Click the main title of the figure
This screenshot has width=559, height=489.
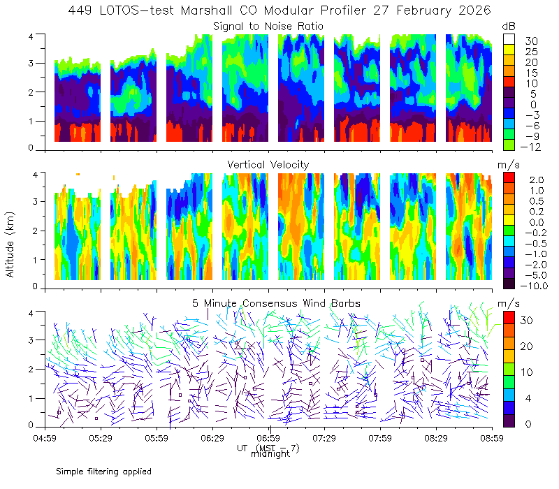(x=279, y=10)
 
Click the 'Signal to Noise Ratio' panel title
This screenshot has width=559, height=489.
(x=268, y=27)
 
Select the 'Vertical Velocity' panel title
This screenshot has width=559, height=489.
(x=268, y=165)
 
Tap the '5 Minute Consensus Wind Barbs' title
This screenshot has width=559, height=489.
(x=276, y=303)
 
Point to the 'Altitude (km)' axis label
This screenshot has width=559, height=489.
(x=10, y=245)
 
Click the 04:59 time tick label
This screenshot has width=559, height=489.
(x=45, y=438)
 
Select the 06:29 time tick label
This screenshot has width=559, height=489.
(x=212, y=438)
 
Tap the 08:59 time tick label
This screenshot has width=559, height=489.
(x=492, y=438)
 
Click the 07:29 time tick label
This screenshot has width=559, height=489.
(x=324, y=438)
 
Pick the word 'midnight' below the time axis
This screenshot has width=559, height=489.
(x=270, y=454)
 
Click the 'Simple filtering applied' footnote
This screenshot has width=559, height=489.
(x=103, y=472)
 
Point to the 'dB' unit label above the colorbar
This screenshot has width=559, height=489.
(x=509, y=27)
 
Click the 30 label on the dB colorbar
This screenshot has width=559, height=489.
(x=531, y=41)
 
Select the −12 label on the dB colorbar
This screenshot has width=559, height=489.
(x=530, y=147)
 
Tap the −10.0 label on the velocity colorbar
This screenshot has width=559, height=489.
(x=534, y=286)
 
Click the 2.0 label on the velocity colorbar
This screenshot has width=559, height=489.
(x=537, y=180)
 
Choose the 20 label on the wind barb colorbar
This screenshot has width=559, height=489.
(x=527, y=346)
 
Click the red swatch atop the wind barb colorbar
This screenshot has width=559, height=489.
(x=509, y=318)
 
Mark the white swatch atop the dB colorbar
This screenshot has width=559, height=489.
(x=509, y=39)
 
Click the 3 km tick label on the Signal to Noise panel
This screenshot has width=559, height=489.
(x=31, y=64)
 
